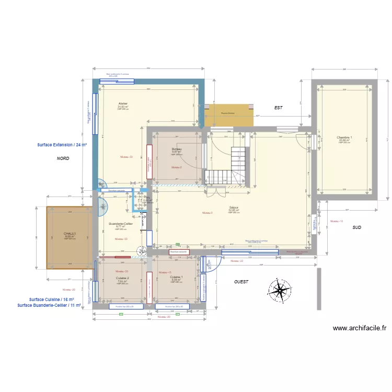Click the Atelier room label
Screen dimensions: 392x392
(123, 103)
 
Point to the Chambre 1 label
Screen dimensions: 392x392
(344, 138)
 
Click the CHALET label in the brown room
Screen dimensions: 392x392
(70, 234)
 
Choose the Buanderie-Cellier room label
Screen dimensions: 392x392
(121, 224)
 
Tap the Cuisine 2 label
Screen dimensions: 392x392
(123, 278)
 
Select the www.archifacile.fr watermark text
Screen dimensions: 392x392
(359, 328)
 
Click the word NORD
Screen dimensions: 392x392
(63, 158)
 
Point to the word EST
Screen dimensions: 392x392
(278, 108)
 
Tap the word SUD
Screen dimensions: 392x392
(356, 227)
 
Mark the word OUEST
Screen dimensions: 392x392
(241, 282)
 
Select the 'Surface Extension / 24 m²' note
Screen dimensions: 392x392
(62, 144)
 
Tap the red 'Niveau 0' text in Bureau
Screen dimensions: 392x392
(177, 167)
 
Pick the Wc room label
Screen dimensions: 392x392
(148, 198)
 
